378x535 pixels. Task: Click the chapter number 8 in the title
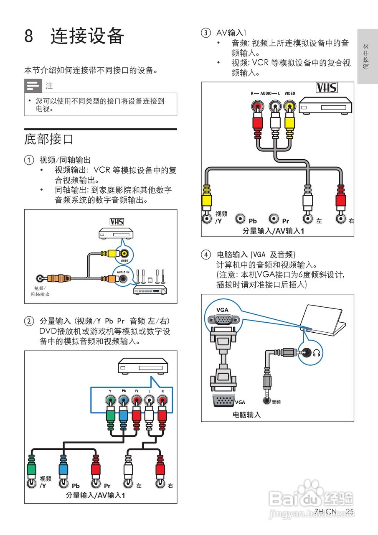(x=29, y=36)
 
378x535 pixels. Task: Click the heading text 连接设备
(x=87, y=36)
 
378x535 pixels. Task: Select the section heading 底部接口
(x=49, y=139)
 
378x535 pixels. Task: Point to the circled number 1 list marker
(x=28, y=160)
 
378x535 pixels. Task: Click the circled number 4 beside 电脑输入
(x=205, y=254)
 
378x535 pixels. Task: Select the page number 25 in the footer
(x=350, y=512)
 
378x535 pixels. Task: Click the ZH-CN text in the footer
(x=325, y=512)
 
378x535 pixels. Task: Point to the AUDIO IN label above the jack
(x=123, y=272)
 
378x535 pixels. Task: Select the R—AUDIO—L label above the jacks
(x=265, y=94)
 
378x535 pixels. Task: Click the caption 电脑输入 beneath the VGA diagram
(x=246, y=415)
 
